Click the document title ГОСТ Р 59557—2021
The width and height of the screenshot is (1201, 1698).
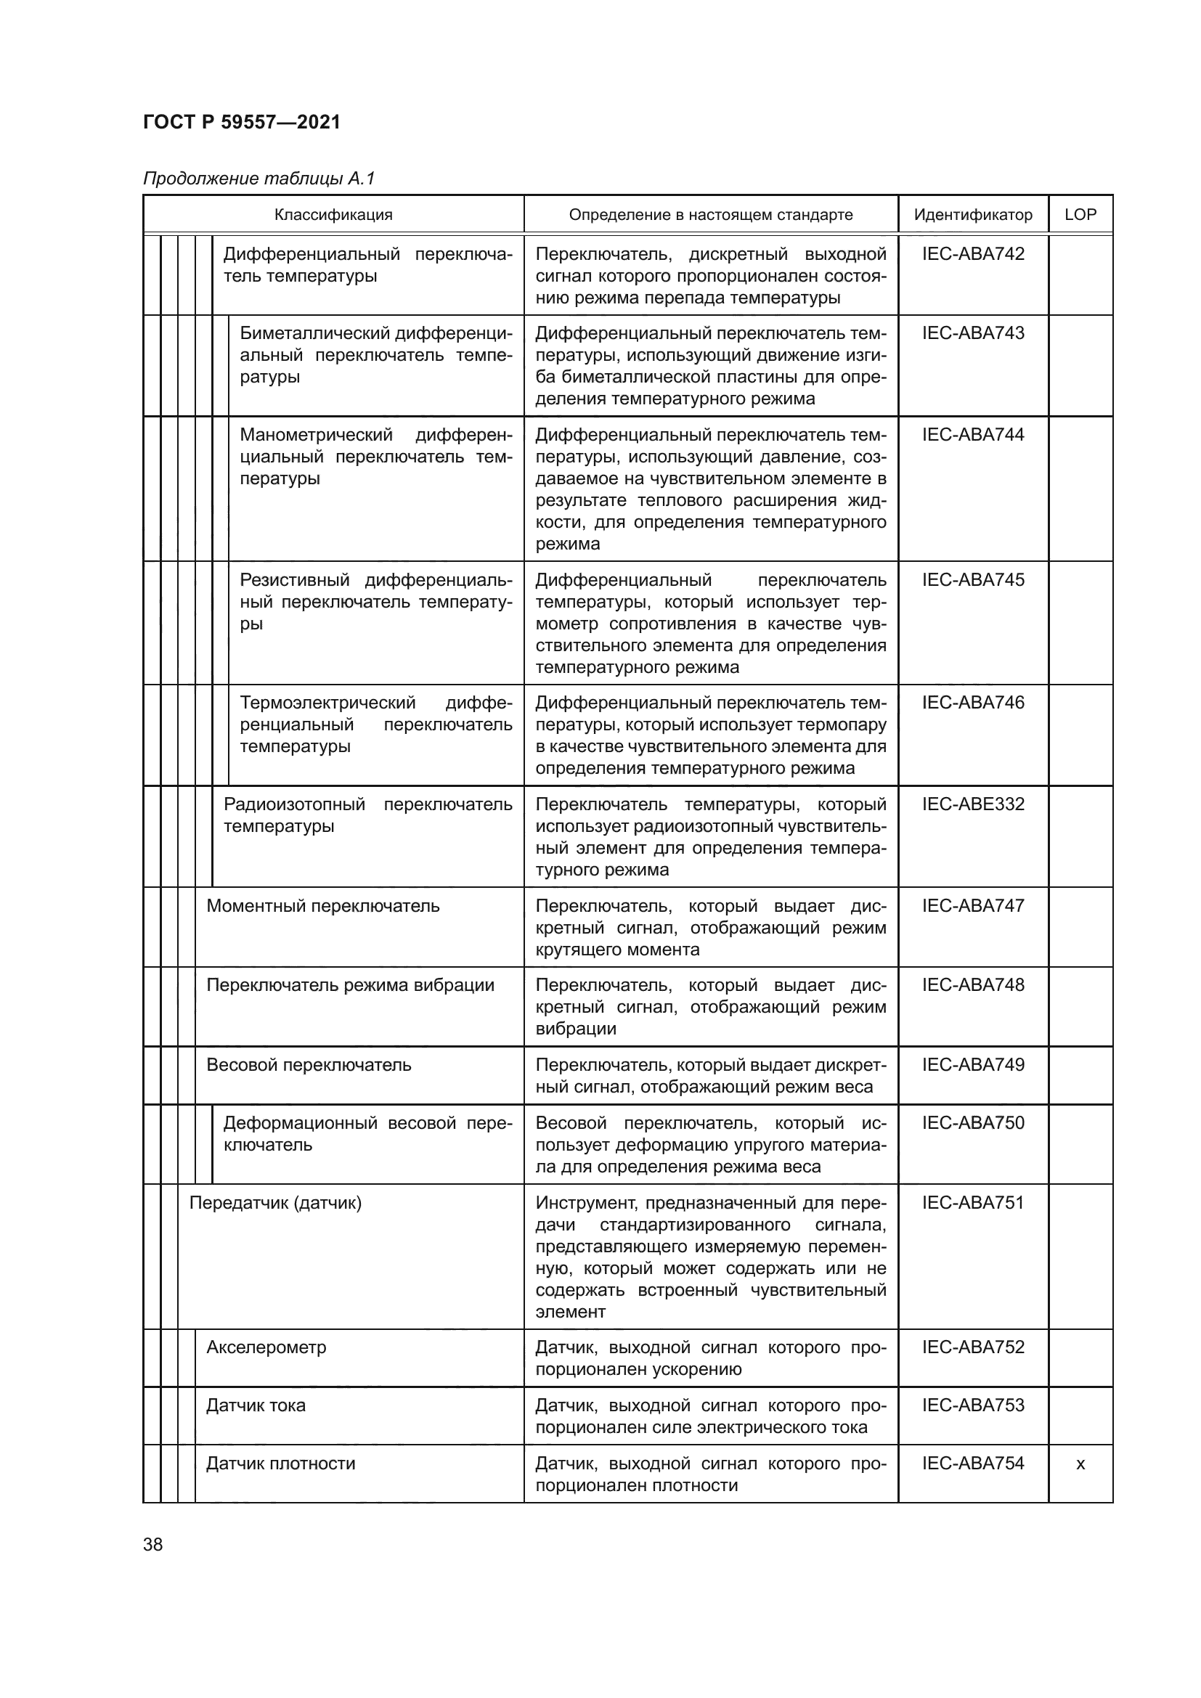click(x=241, y=122)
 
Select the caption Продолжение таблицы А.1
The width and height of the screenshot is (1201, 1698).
click(x=258, y=179)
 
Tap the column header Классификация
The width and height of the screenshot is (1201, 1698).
click(x=333, y=215)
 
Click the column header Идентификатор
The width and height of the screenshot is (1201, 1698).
click(x=972, y=215)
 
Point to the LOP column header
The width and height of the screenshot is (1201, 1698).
click(x=1080, y=215)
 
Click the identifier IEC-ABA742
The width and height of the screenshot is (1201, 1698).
click(x=972, y=254)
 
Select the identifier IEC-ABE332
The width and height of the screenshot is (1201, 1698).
click(x=972, y=804)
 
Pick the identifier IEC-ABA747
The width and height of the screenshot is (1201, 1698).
click(x=972, y=906)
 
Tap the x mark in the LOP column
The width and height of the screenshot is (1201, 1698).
click(x=1080, y=1464)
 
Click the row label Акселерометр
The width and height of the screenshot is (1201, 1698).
click(x=266, y=1347)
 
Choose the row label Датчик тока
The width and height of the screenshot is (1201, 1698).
click(x=255, y=1406)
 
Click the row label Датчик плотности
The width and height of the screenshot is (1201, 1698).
click(x=280, y=1464)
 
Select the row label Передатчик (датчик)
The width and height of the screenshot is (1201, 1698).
click(x=275, y=1203)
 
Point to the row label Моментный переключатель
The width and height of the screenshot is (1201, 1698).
click(x=322, y=906)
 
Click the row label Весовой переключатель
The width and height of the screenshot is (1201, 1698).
click(x=309, y=1065)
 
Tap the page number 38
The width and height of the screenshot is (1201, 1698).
click(x=152, y=1545)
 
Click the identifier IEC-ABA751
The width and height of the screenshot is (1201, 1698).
click(x=972, y=1203)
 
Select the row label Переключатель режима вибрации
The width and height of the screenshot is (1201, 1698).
click(x=350, y=985)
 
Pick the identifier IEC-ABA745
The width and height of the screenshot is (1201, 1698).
click(x=972, y=580)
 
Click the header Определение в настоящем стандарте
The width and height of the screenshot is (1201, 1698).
click(x=710, y=215)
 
